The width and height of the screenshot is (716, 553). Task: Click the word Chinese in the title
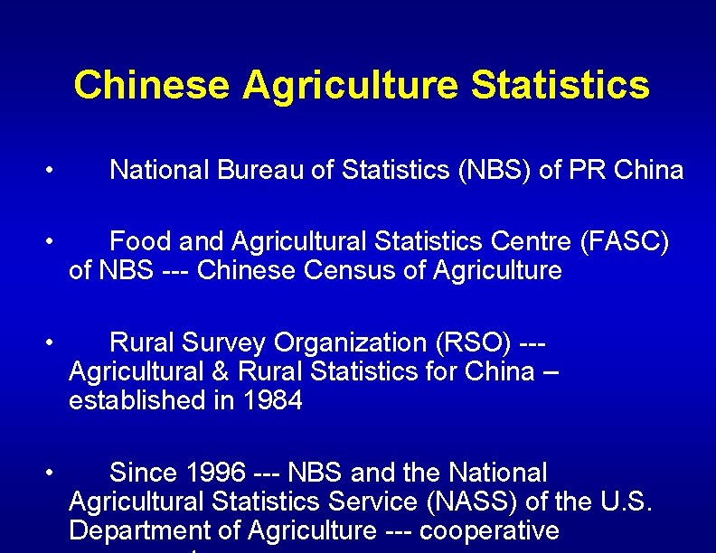[151, 85]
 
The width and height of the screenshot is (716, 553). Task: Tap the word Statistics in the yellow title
[561, 85]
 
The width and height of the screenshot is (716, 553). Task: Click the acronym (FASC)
[625, 241]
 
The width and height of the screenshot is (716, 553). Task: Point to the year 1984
[272, 400]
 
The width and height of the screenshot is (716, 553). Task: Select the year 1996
[214, 473]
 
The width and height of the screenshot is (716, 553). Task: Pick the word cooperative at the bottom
[489, 530]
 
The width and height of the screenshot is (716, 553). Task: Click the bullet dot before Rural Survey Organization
[55, 342]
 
